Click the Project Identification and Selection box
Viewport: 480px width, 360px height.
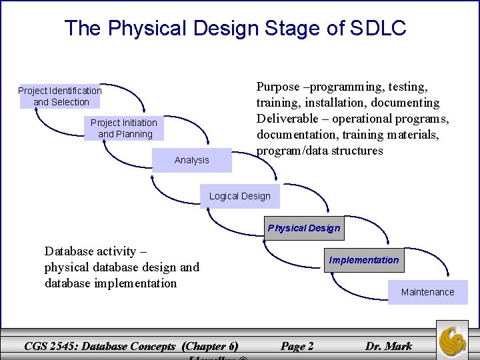[60, 96]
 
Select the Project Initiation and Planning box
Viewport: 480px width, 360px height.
[125, 128]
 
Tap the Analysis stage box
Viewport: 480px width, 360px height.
[191, 160]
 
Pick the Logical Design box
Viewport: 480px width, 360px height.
[239, 196]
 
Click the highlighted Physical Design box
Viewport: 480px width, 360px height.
[304, 228]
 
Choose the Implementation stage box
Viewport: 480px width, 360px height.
[364, 260]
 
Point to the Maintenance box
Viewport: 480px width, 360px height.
[427, 292]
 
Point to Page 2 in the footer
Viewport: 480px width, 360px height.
[297, 346]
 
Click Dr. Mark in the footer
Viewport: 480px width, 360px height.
[389, 346]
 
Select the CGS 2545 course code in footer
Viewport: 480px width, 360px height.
[51, 346]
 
